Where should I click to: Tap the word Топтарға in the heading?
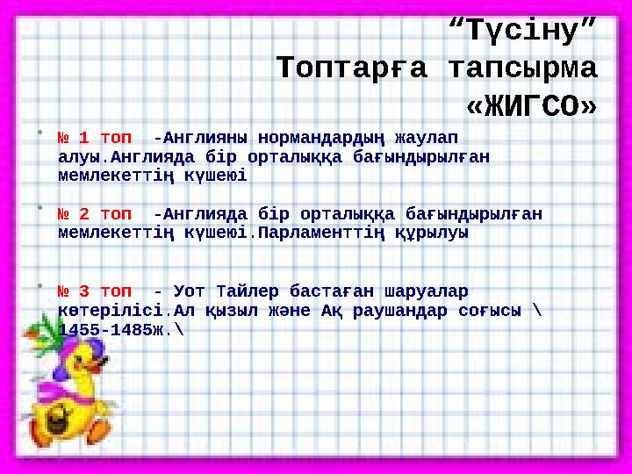349,68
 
